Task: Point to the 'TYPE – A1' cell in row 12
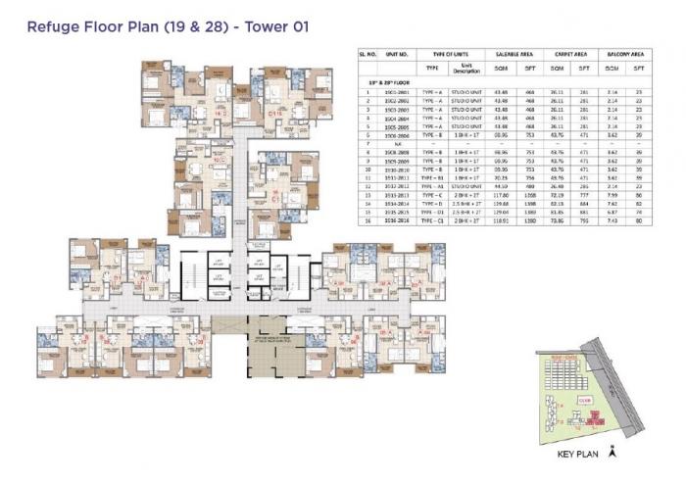(x=427, y=186)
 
